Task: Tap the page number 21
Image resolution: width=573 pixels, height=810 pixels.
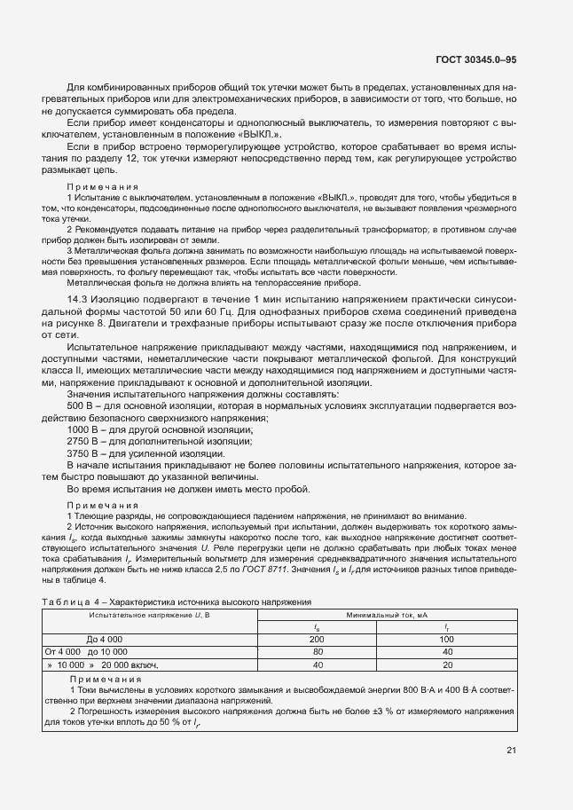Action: (512, 751)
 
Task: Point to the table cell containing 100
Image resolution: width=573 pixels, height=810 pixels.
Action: (447, 639)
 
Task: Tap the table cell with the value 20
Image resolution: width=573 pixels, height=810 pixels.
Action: (447, 664)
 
